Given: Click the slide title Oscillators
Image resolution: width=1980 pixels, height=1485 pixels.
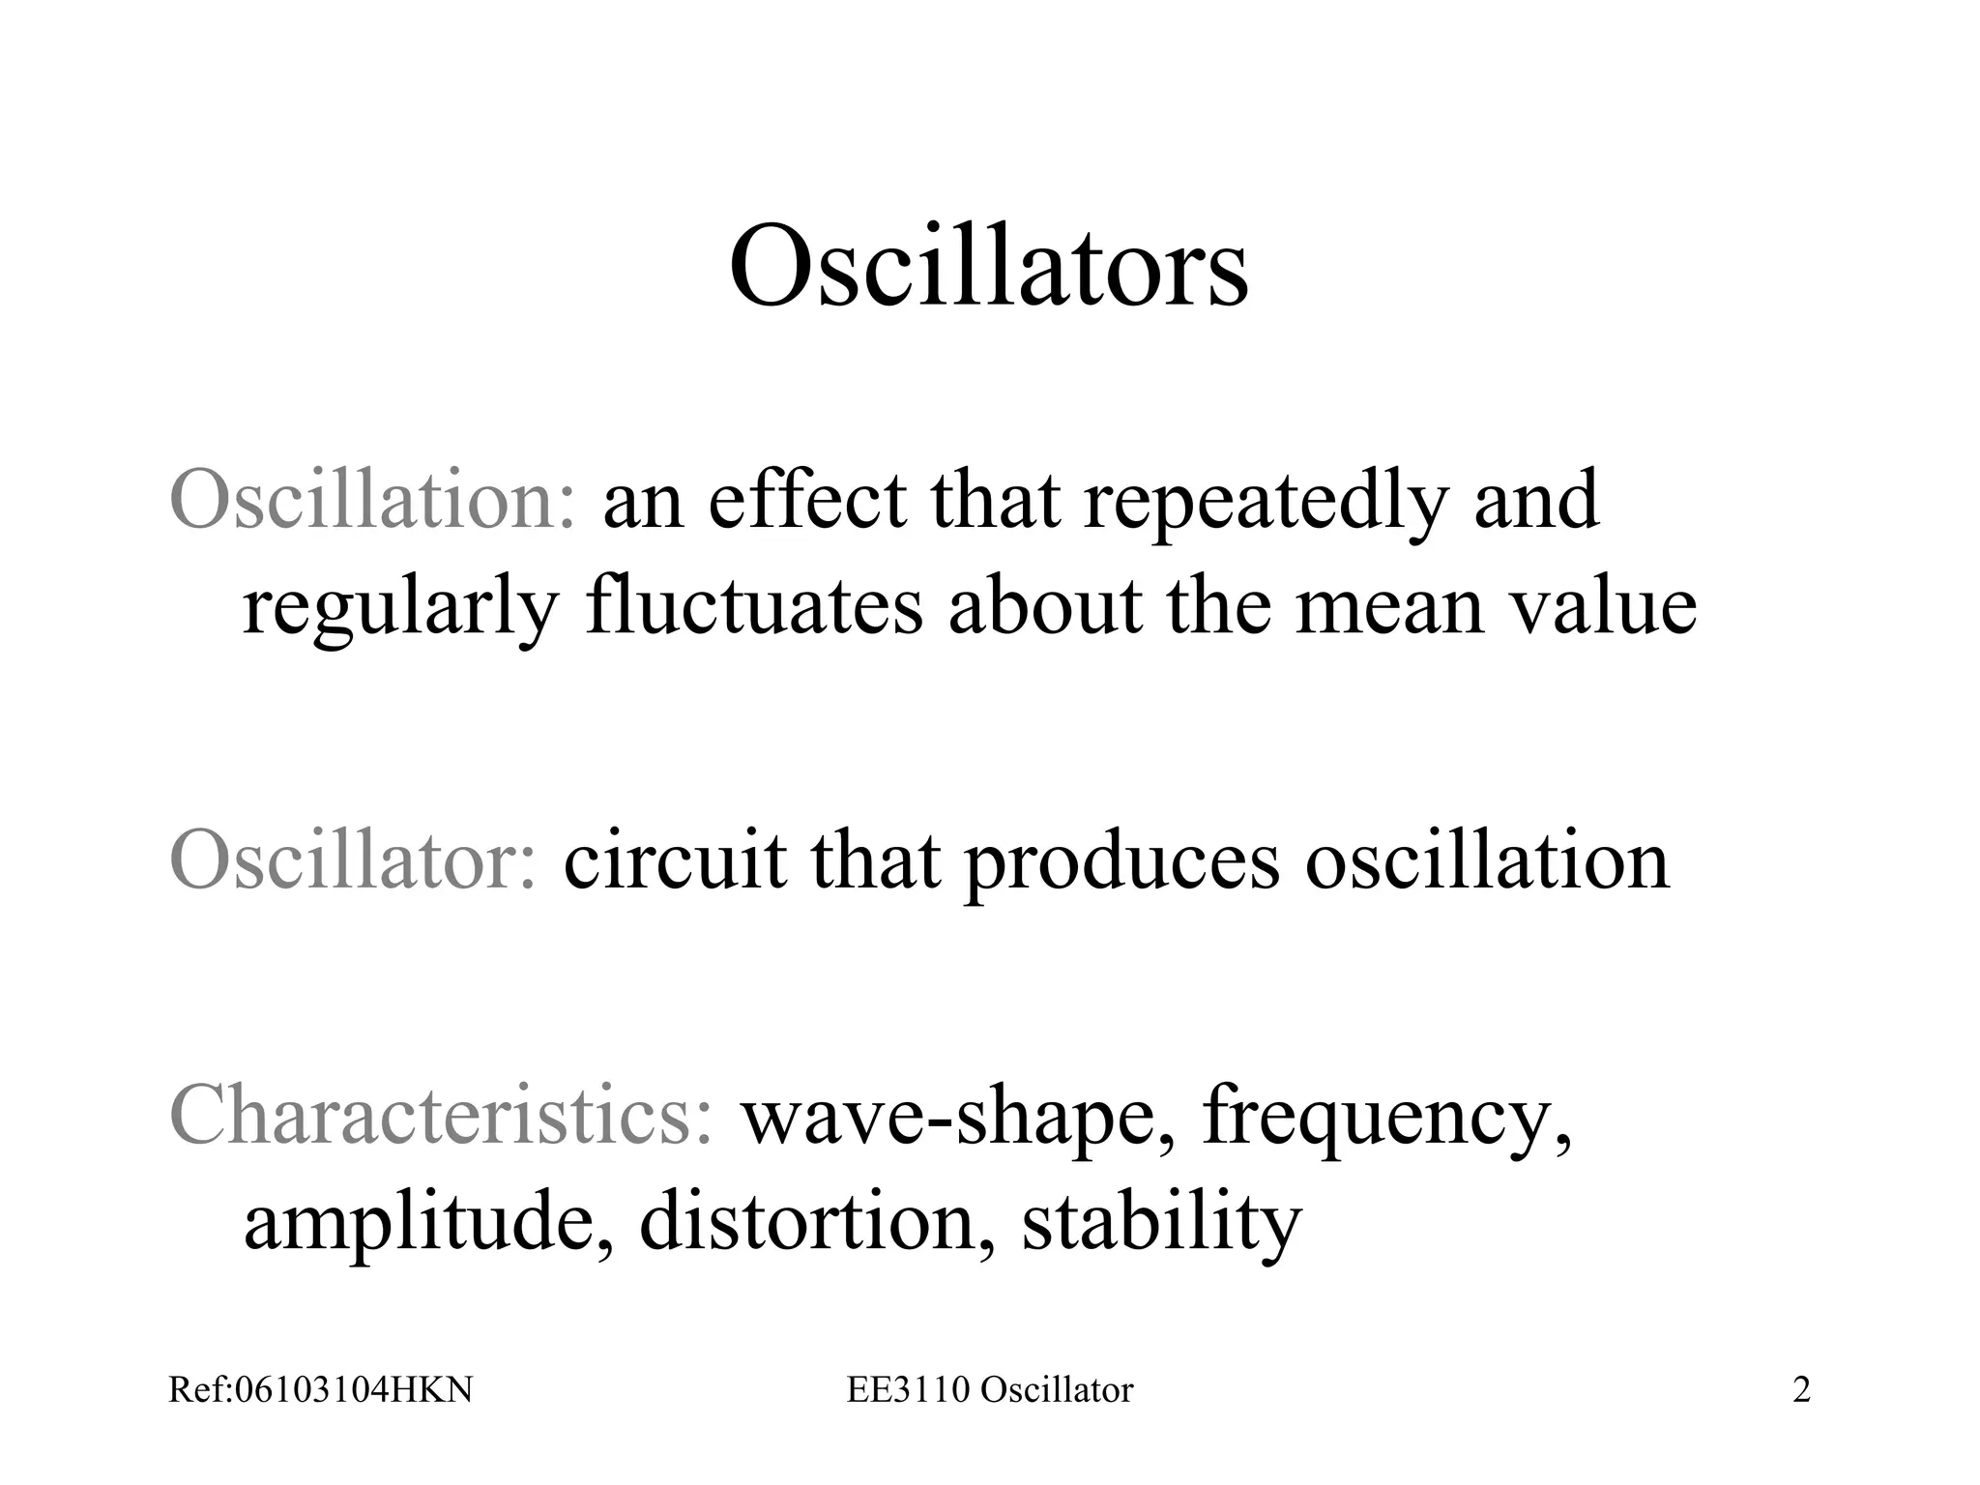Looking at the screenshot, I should point(988,266).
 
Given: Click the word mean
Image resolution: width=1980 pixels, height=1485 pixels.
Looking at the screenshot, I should point(1388,609).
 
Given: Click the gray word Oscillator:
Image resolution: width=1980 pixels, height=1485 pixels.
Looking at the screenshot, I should point(353,860).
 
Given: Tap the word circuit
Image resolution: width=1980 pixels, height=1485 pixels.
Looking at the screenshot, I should point(674,860).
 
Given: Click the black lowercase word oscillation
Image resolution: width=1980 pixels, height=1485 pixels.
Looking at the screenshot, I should point(1487,860).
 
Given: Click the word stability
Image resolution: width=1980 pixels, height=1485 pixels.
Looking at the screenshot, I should point(1161,1224).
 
